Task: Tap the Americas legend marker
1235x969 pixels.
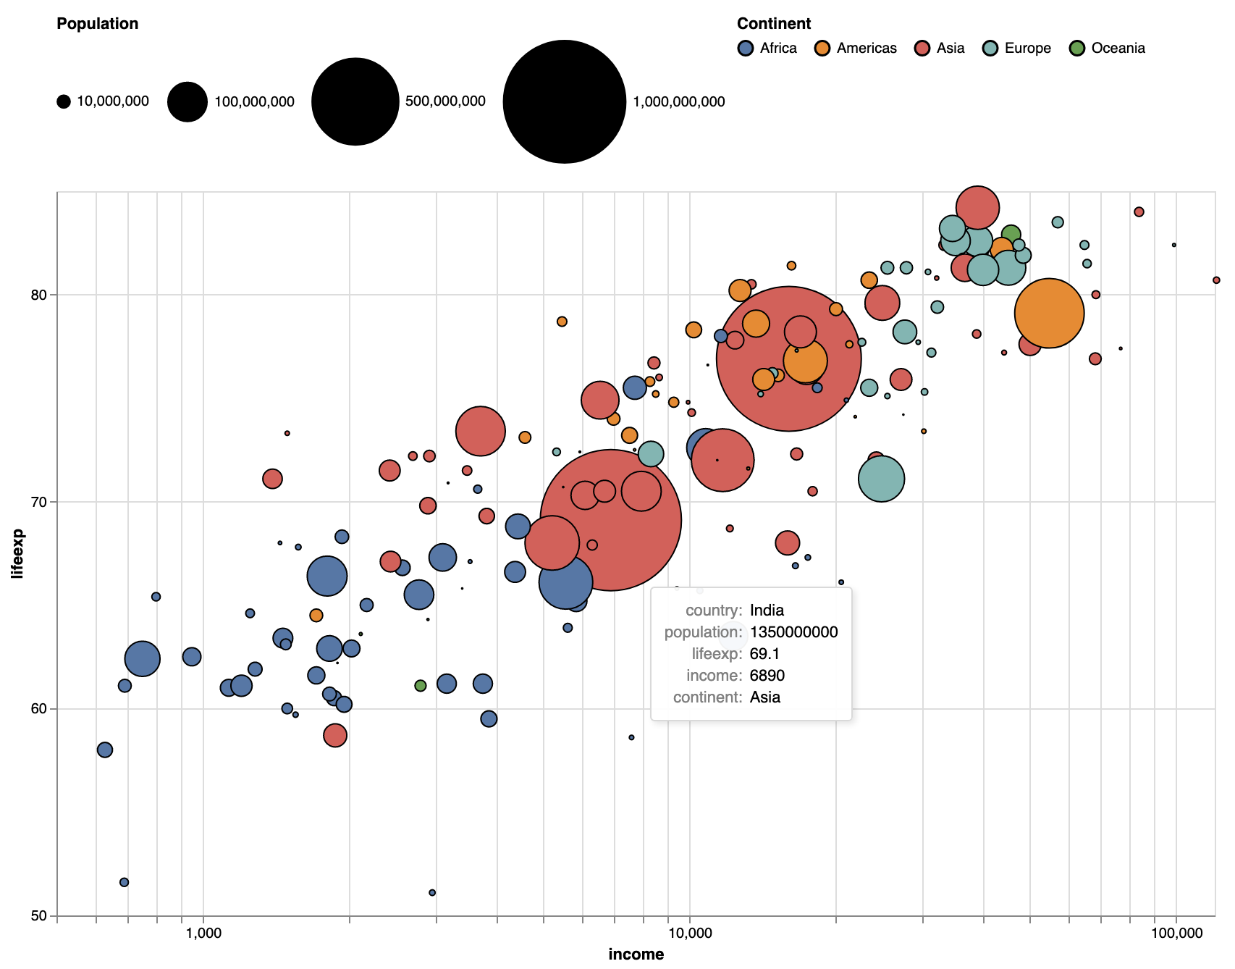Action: click(x=822, y=49)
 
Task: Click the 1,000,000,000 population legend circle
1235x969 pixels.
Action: click(x=564, y=101)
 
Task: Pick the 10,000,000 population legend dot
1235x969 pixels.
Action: click(x=64, y=101)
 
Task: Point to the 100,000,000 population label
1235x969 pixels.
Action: click(x=254, y=101)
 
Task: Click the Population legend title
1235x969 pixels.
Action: click(x=97, y=23)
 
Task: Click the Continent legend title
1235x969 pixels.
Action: click(x=773, y=23)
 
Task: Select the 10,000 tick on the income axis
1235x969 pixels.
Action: click(x=689, y=931)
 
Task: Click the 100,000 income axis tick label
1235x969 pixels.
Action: click(x=1175, y=931)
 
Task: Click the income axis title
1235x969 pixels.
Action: click(x=636, y=954)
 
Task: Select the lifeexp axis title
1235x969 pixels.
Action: click(x=17, y=554)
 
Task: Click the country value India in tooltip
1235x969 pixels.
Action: click(x=767, y=611)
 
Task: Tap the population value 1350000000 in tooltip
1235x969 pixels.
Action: click(x=793, y=632)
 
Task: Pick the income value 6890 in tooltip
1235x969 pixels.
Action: click(x=767, y=676)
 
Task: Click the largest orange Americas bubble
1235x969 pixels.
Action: click(x=1049, y=313)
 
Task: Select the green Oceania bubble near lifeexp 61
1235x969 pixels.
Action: click(x=421, y=686)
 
